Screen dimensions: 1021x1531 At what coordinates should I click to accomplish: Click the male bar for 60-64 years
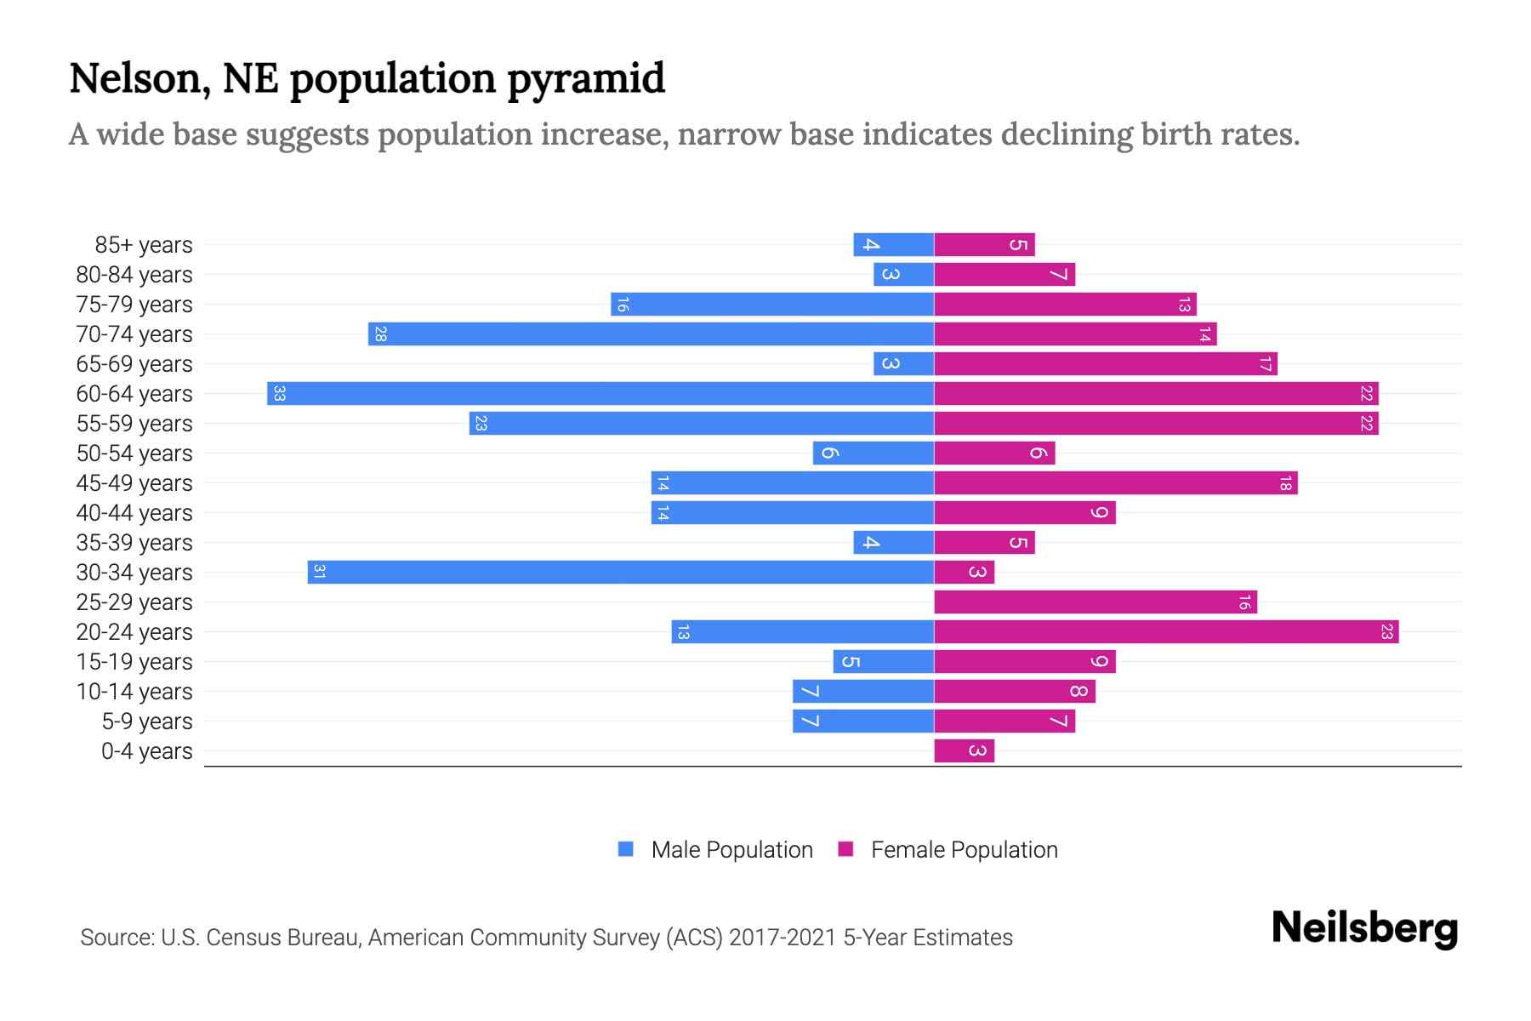[x=600, y=393]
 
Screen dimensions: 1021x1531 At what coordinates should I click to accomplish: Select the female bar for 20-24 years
[x=1166, y=631]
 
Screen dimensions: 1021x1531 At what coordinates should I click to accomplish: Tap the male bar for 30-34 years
[x=621, y=572]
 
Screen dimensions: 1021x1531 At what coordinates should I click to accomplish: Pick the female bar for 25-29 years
[x=1096, y=602]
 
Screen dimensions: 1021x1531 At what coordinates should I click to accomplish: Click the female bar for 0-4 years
[x=964, y=750]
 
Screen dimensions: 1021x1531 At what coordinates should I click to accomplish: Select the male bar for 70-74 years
[x=651, y=334]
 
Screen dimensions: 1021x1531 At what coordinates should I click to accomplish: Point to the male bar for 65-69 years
[x=903, y=363]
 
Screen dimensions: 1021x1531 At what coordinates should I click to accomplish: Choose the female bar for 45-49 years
[x=1116, y=482]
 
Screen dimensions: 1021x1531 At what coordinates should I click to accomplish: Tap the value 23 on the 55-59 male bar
[x=481, y=423]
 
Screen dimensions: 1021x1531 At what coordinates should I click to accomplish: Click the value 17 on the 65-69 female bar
[x=1265, y=364]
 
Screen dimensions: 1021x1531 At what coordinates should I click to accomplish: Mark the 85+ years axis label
[x=144, y=245]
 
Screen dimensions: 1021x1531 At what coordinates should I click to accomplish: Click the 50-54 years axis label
[x=134, y=453]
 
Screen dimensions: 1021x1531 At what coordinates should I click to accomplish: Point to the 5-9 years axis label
[x=147, y=722]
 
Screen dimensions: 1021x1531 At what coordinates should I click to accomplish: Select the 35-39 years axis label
[x=134, y=543]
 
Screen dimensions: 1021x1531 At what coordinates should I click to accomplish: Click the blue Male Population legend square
[x=626, y=849]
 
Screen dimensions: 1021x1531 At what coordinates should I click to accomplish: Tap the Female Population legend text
[x=964, y=849]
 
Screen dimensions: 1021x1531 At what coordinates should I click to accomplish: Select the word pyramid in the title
[x=586, y=78]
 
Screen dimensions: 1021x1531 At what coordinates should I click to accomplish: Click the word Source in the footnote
[x=117, y=938]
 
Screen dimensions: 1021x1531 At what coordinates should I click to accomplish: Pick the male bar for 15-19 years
[x=883, y=661]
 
